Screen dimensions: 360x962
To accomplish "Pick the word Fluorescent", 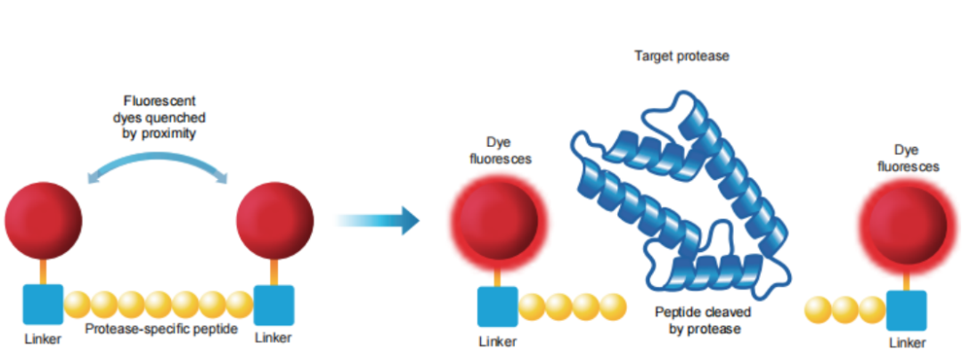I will click(x=159, y=101).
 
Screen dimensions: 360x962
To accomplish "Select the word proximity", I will click(x=175, y=133).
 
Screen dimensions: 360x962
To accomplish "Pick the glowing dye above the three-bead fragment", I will click(x=907, y=221).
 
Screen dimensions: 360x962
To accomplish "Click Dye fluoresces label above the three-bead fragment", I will click(x=908, y=159).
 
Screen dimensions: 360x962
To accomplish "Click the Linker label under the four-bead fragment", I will click(x=498, y=341).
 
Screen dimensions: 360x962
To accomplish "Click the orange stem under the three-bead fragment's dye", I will click(x=907, y=278).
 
